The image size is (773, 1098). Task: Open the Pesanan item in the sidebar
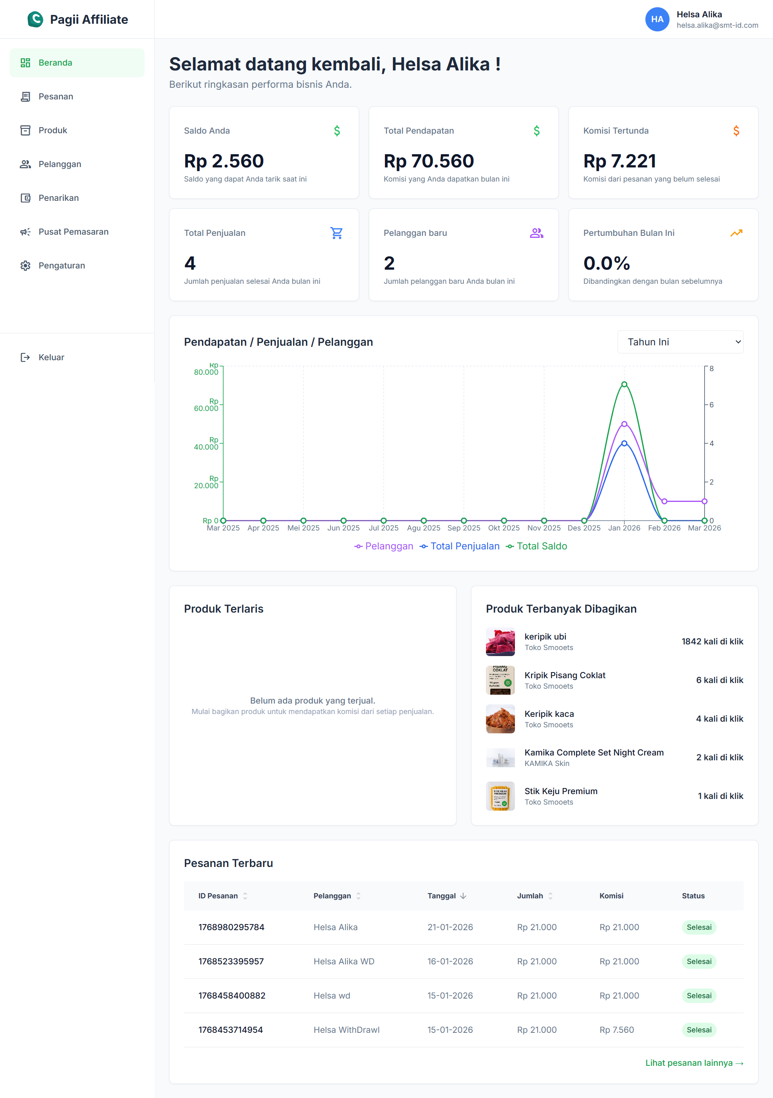coord(56,97)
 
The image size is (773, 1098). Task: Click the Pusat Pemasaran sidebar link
coord(73,232)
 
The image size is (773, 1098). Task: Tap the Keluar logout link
coord(51,357)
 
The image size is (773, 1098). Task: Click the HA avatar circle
coord(657,19)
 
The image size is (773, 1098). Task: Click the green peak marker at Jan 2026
coord(624,384)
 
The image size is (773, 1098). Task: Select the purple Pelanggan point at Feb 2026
coord(664,501)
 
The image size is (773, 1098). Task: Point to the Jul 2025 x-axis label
coord(383,528)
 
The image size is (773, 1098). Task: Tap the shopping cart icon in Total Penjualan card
coord(336,233)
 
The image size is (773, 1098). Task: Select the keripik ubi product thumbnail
coord(500,641)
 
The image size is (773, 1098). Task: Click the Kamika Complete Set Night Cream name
coord(593,752)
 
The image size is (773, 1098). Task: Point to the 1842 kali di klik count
coord(712,641)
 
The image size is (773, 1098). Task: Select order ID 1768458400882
coord(231,996)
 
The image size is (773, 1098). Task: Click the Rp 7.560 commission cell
coord(616,1030)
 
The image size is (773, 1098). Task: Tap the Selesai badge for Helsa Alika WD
coord(699,961)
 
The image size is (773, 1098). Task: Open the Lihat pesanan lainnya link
coord(694,1063)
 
